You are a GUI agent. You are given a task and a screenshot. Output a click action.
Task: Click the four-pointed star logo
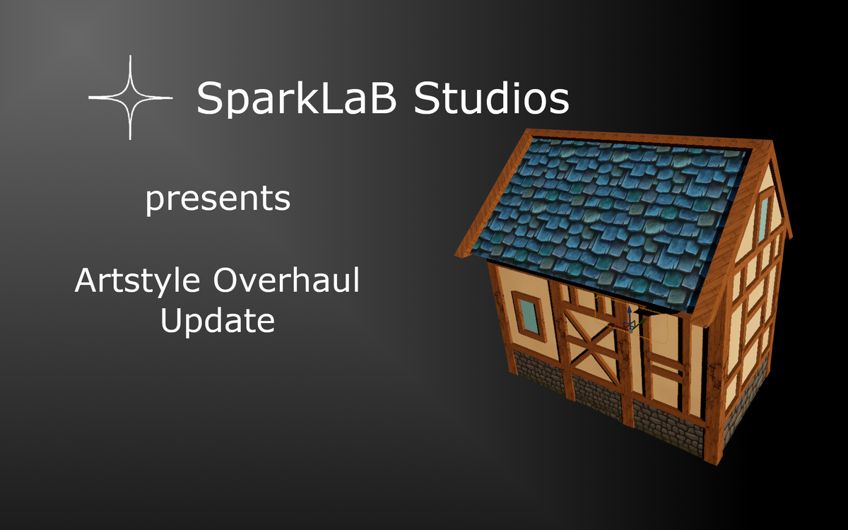131,98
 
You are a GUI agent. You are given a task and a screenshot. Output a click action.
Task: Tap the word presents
218,199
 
